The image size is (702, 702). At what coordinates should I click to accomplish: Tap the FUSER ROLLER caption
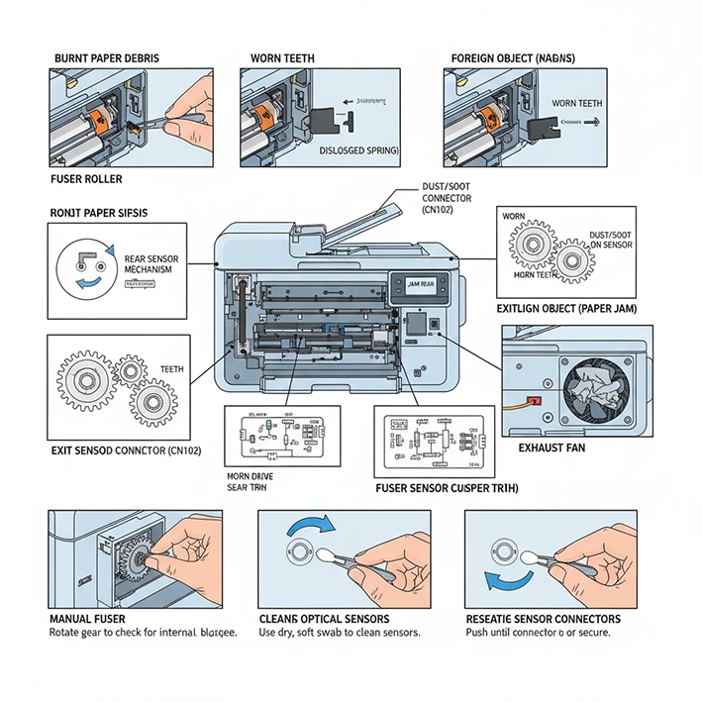88,180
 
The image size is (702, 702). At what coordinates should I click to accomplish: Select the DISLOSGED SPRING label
358,150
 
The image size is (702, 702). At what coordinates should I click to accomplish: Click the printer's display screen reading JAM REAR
420,284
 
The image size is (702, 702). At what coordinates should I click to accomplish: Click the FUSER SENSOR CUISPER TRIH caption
448,488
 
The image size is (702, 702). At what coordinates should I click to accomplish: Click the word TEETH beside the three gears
172,368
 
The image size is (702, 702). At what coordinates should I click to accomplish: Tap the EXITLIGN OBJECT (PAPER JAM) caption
567,309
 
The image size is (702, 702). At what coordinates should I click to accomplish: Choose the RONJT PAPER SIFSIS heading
100,212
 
